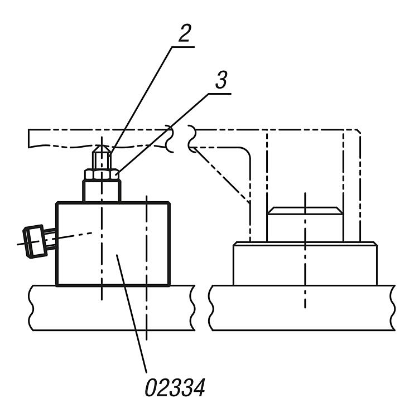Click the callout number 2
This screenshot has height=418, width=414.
(185, 33)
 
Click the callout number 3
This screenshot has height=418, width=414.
(222, 80)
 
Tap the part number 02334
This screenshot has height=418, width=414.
(175, 387)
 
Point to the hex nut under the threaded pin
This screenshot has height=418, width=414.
(102, 174)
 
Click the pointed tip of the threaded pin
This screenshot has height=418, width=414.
(102, 146)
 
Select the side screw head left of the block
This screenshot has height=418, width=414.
(33, 241)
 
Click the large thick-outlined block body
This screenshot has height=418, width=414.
(113, 244)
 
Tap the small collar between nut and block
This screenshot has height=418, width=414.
(102, 191)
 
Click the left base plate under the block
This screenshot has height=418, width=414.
(112, 308)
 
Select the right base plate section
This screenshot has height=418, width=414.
(302, 308)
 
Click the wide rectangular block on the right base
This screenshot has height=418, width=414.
(305, 264)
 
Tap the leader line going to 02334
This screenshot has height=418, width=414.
(132, 313)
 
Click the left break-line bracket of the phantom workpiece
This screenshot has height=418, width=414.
(170, 139)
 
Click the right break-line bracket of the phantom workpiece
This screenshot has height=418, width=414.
(191, 139)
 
